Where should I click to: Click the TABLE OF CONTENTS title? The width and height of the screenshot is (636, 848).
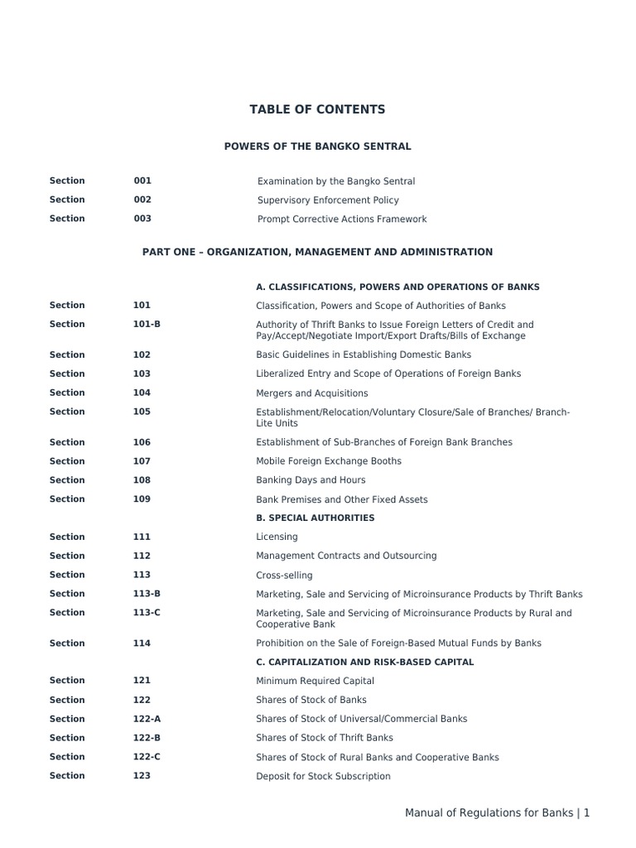click(x=317, y=109)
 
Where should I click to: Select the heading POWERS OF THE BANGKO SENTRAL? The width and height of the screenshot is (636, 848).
click(x=317, y=147)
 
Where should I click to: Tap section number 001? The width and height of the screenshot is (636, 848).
click(x=142, y=181)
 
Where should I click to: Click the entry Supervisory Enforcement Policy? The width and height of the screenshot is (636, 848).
click(x=328, y=200)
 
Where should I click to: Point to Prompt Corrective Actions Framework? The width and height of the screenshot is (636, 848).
click(x=342, y=219)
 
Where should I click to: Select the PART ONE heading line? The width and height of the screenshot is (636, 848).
click(x=317, y=252)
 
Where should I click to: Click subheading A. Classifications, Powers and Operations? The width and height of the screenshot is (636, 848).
click(x=397, y=287)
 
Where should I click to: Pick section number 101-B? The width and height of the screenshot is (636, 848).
click(x=147, y=325)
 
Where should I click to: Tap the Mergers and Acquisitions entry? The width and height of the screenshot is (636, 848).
click(x=311, y=393)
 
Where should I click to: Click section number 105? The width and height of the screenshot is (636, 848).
click(x=142, y=412)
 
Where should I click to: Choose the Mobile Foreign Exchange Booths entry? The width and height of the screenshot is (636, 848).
click(x=328, y=461)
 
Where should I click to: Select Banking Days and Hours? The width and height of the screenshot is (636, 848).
click(x=311, y=480)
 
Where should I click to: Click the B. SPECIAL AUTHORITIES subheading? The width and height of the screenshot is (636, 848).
click(x=315, y=518)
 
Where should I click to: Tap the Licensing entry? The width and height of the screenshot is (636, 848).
click(x=277, y=537)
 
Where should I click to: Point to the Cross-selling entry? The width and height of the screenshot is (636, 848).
click(x=284, y=576)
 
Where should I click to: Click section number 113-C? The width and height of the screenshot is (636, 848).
click(x=147, y=613)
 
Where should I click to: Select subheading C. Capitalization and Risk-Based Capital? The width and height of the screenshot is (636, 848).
click(x=364, y=662)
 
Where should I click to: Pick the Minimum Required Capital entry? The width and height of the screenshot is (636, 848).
click(x=315, y=681)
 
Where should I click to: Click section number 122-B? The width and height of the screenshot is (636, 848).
click(x=147, y=738)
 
